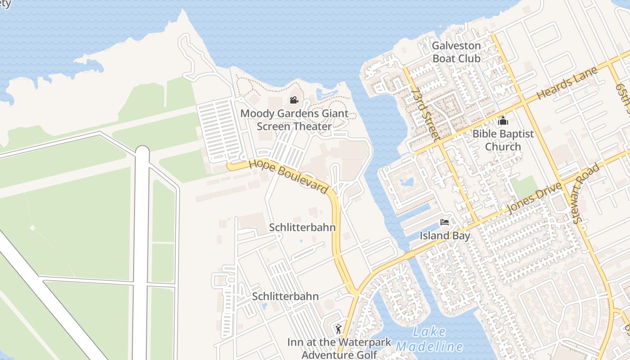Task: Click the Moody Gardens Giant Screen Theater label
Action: (294, 120)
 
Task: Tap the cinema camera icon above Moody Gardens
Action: (294, 100)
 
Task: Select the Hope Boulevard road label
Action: (288, 176)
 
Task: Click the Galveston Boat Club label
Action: (456, 52)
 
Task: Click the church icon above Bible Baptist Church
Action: (503, 121)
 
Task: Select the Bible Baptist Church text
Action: (503, 140)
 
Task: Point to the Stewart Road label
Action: (587, 193)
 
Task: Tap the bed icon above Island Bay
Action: (445, 222)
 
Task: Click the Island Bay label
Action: (445, 236)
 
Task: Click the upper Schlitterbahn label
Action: (302, 227)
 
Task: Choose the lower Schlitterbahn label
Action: (285, 297)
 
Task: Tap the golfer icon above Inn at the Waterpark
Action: (338, 329)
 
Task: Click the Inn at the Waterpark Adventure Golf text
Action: (339, 348)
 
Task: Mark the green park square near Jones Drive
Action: (524, 187)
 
